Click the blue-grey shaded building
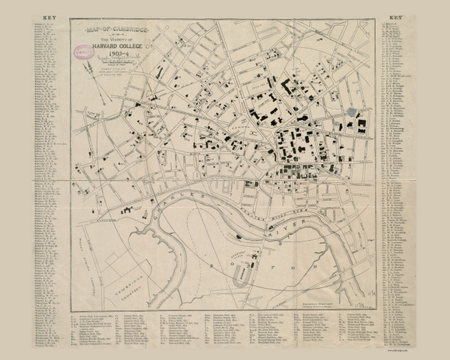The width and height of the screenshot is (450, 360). coord(351,112)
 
